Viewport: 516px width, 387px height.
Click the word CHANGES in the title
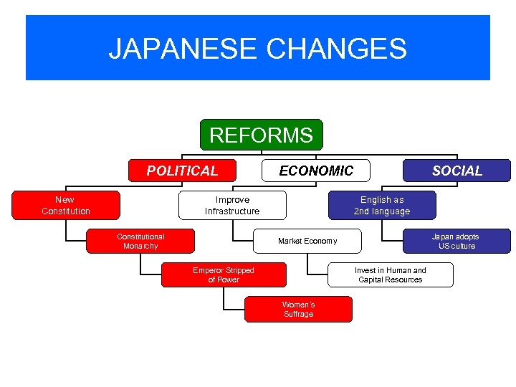[x=336, y=49]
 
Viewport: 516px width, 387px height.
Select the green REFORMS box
[x=261, y=135]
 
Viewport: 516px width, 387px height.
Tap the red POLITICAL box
[x=182, y=171]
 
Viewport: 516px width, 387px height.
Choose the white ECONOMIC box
[x=316, y=171]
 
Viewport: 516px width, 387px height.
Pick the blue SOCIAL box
[x=457, y=171]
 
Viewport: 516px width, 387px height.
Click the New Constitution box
[x=66, y=205]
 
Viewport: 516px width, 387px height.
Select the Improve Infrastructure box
[x=232, y=205]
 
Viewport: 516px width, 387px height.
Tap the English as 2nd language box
[x=382, y=205]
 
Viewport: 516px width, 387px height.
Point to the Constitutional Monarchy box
[x=140, y=241]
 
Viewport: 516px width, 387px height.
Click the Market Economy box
[x=307, y=241]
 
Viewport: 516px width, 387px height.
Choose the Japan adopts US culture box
[x=457, y=241]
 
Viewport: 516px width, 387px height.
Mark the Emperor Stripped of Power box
[x=224, y=274]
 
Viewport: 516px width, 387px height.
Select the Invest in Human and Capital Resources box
[x=391, y=274]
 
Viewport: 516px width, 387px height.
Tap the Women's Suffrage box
[x=298, y=309]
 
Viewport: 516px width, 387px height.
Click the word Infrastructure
[x=232, y=211]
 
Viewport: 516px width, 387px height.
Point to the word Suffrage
[x=298, y=315]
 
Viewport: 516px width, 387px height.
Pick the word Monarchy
[x=140, y=247]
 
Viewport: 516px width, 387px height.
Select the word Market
[x=291, y=241]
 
